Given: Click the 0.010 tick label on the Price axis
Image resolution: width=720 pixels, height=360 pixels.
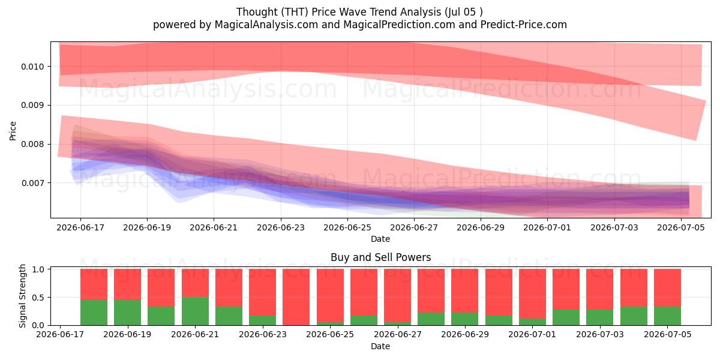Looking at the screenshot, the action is coord(32,67).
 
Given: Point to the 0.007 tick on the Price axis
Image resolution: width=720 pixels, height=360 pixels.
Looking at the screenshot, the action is coord(32,183).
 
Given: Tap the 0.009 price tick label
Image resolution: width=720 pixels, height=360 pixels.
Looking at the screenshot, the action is coord(32,106).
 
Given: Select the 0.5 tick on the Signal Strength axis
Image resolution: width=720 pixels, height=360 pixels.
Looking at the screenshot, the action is coord(38,298).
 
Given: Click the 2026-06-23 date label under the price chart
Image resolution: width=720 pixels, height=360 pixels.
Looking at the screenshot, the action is coord(281,227).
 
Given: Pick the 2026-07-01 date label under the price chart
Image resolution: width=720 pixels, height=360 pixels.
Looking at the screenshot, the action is coord(547,227).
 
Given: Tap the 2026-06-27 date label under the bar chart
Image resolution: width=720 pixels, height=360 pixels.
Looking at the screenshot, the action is coord(398,334).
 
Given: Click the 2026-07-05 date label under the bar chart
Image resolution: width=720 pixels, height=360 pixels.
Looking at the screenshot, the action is coord(668,334).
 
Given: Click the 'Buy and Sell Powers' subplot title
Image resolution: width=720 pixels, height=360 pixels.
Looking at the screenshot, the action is coord(380,257).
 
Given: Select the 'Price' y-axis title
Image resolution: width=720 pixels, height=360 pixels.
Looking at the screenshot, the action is coord(13,131).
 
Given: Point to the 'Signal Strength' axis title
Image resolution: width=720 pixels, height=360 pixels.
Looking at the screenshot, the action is coord(22,296).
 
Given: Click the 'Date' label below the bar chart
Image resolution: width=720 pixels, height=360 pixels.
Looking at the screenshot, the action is coord(380,346).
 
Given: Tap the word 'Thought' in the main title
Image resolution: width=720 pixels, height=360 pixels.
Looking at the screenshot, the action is coord(257,12).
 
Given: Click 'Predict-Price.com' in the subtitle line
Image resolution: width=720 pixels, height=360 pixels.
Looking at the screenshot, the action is coord(524,25).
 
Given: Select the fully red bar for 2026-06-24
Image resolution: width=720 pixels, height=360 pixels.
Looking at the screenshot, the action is coord(296,297).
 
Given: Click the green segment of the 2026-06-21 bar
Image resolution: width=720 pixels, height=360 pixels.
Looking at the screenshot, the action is coord(195,311).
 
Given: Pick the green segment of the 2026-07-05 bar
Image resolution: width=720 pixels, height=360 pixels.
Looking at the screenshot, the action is coord(667,316).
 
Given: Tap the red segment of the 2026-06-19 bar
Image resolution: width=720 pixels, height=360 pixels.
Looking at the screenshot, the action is coord(127,284).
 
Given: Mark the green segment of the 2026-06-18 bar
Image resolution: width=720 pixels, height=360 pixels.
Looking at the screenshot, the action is coord(94,313).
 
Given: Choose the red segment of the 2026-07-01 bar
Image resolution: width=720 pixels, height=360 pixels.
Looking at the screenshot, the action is coord(532,294).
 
